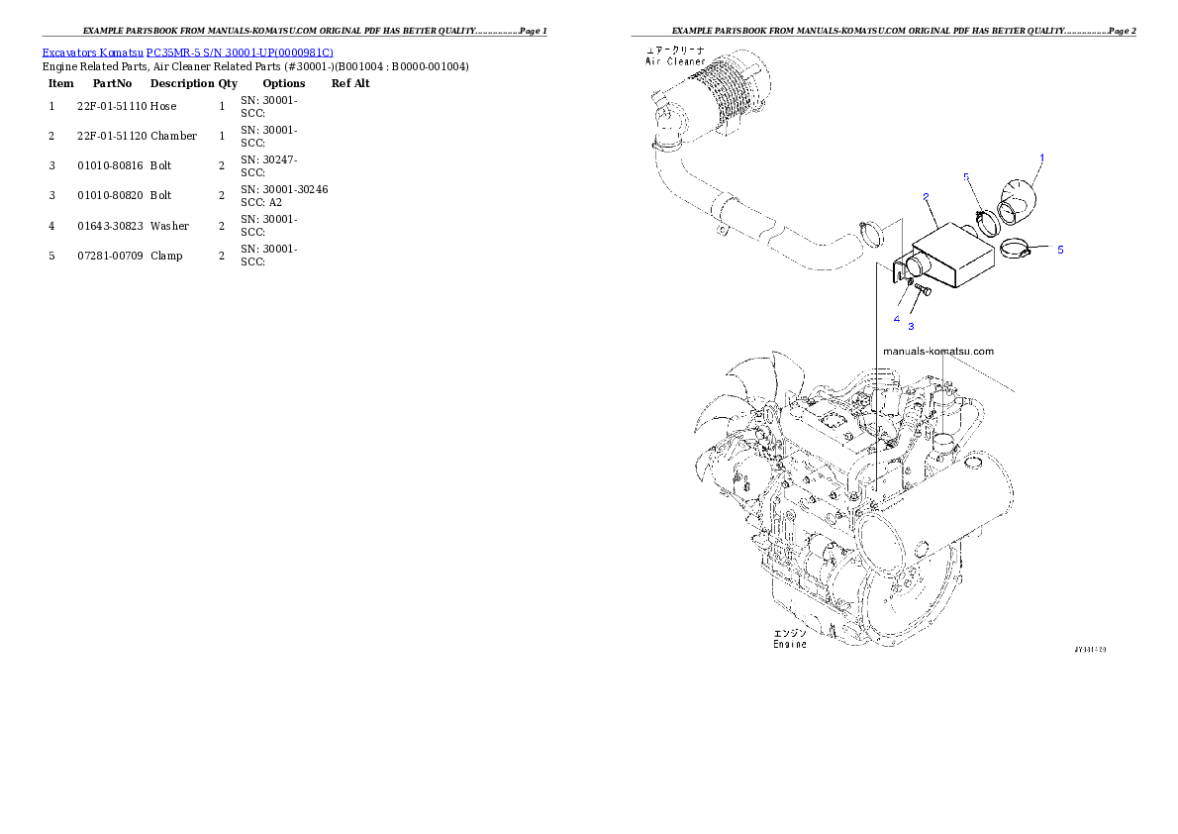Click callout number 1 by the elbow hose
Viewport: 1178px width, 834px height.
1041,157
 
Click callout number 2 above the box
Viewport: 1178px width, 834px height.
925,196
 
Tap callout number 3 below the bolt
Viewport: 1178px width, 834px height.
912,325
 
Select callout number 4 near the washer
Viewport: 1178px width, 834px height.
897,319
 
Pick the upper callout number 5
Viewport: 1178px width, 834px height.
967,176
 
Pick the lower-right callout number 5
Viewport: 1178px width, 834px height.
1060,250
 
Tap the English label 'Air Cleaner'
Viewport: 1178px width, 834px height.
676,61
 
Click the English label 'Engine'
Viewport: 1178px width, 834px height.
790,645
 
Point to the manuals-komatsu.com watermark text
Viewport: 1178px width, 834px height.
937,351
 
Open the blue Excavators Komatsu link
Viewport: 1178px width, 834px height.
187,52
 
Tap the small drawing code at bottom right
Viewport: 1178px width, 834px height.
1089,651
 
